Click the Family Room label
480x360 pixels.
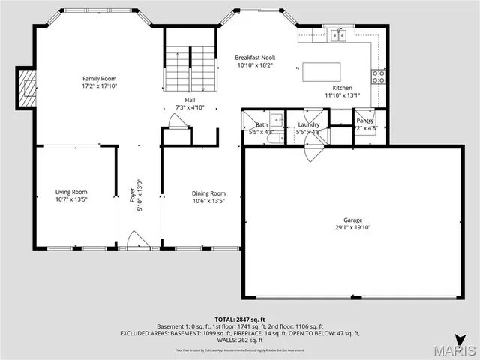[x=99, y=78]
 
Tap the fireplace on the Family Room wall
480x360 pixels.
[x=27, y=88]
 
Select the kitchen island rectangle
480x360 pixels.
[x=320, y=71]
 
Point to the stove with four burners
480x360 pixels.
[x=379, y=76]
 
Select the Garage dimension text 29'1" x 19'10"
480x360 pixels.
[x=352, y=227]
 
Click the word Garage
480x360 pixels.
[x=352, y=220]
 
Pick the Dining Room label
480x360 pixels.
[x=208, y=193]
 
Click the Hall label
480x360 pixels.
[x=190, y=100]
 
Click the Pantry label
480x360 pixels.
[x=364, y=121]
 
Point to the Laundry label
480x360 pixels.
[x=308, y=124]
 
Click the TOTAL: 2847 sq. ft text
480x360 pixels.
[x=239, y=319]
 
